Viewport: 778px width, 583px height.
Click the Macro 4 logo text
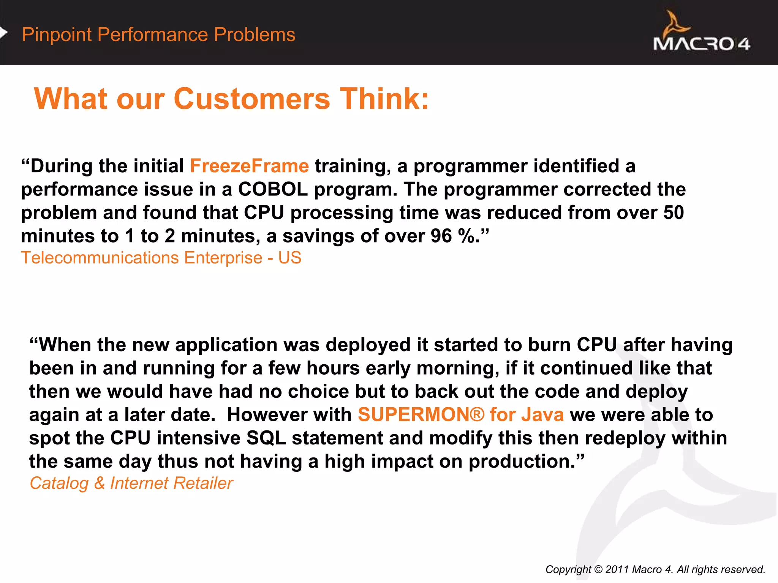(701, 44)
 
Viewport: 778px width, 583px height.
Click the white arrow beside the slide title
(3, 33)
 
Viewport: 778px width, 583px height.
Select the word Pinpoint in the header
(57, 35)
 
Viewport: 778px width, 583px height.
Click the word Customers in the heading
(251, 99)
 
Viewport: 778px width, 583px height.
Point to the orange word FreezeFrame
(249, 166)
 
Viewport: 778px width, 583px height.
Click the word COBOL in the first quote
(273, 189)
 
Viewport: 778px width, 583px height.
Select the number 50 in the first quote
(673, 213)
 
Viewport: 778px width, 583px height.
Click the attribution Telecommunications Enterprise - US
(161, 258)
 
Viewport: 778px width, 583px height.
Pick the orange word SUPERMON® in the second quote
(421, 414)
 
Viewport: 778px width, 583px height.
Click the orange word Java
(542, 414)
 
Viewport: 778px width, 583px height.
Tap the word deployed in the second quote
(368, 345)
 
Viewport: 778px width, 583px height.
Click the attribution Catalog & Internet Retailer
(131, 484)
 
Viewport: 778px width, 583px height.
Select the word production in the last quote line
(522, 462)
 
